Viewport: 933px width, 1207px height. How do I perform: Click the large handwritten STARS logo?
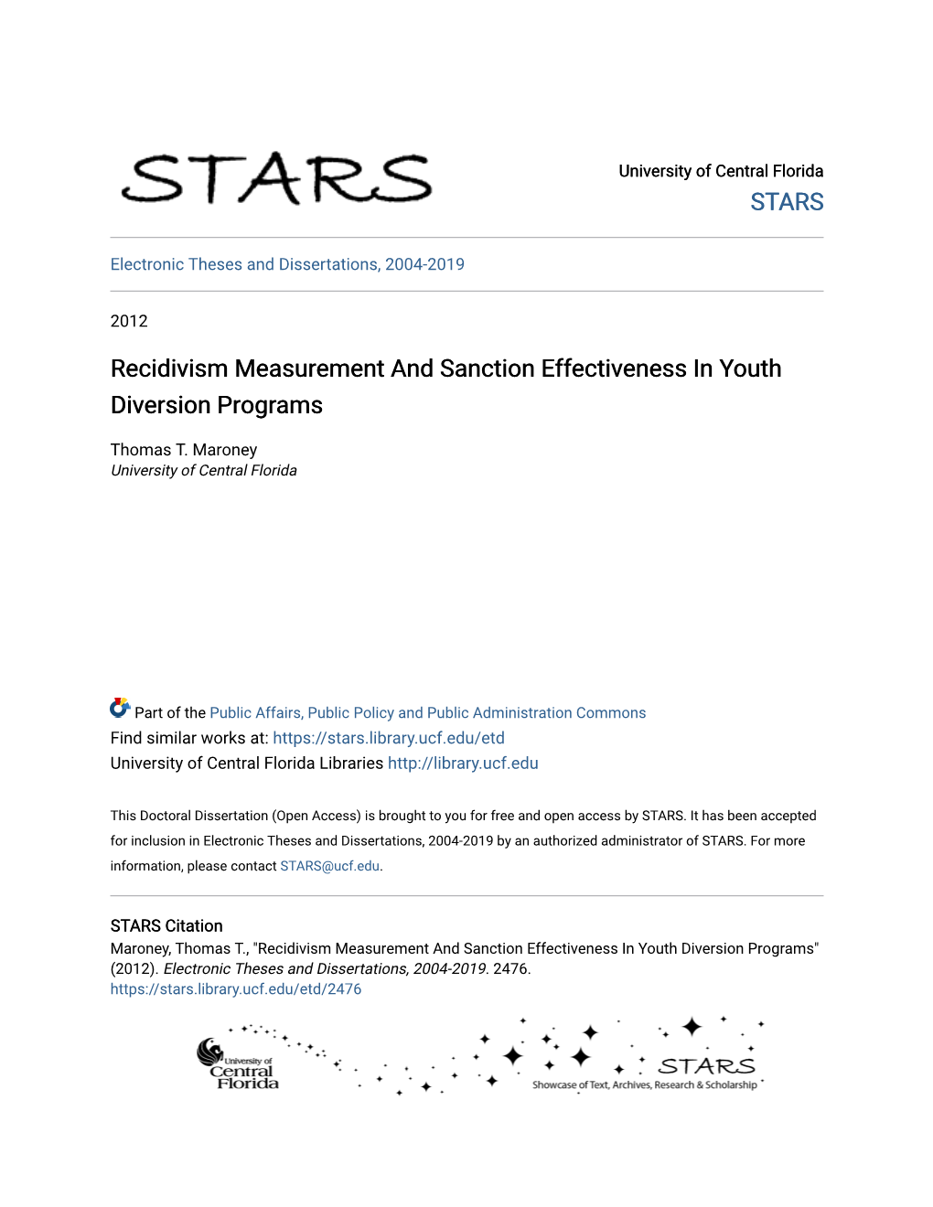coord(276,178)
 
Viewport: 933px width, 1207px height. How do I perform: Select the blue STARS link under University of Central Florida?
coord(787,202)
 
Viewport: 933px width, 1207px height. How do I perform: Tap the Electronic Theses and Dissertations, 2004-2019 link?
coord(287,264)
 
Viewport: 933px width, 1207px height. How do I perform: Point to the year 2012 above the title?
coord(129,321)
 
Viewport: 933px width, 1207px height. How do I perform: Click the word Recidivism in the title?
coord(169,369)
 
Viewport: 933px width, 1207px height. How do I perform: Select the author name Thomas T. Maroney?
coord(184,450)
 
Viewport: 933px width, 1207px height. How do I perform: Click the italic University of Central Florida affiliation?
coord(204,471)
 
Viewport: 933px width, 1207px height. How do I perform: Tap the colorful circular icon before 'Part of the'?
coord(120,708)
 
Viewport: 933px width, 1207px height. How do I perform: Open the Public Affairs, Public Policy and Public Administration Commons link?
coord(427,713)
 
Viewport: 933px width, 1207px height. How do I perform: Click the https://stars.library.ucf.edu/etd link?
coord(389,738)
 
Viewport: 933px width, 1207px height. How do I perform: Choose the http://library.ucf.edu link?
coord(463,764)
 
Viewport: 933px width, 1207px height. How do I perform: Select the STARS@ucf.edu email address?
coord(329,866)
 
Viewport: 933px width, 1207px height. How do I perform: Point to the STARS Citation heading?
coord(166,926)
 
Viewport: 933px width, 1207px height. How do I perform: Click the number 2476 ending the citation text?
coord(510,969)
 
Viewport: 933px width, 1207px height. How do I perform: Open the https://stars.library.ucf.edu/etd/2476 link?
coord(236,989)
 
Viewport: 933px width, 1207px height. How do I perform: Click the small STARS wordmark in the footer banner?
coord(707,1066)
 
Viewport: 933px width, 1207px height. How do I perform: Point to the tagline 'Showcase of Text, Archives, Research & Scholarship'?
coord(645,1085)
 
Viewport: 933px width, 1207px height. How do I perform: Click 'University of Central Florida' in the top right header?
coord(721,171)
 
